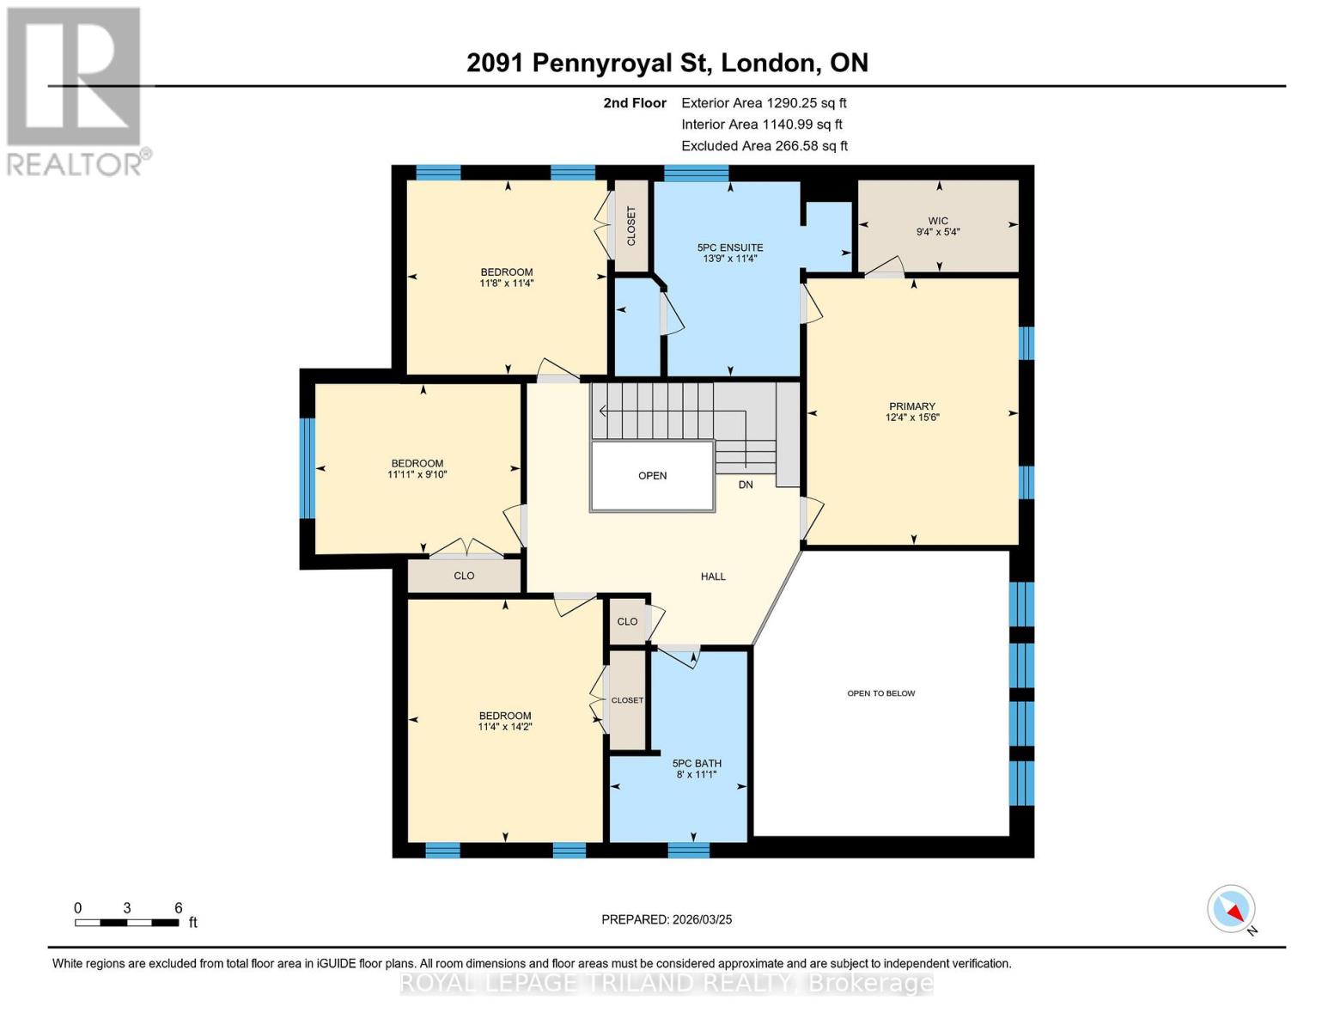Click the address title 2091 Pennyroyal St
pos(667,63)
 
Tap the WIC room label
pos(937,221)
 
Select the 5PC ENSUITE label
pos(729,247)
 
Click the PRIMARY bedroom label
pos(911,406)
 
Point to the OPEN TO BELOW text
pos(880,693)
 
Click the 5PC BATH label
pos(696,763)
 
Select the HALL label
pos(712,577)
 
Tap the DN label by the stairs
pos(745,485)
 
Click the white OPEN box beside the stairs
pos(652,476)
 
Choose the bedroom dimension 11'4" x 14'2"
pos(504,727)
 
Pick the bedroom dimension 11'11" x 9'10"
pos(417,474)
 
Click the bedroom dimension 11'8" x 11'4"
pos(506,283)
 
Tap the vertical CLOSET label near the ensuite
pos(631,226)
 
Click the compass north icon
pos(1232,909)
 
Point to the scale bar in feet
pos(127,923)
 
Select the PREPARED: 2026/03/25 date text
pos(667,919)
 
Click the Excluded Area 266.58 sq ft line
pos(764,146)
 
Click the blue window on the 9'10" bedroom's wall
pos(307,468)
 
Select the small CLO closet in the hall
pos(627,621)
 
